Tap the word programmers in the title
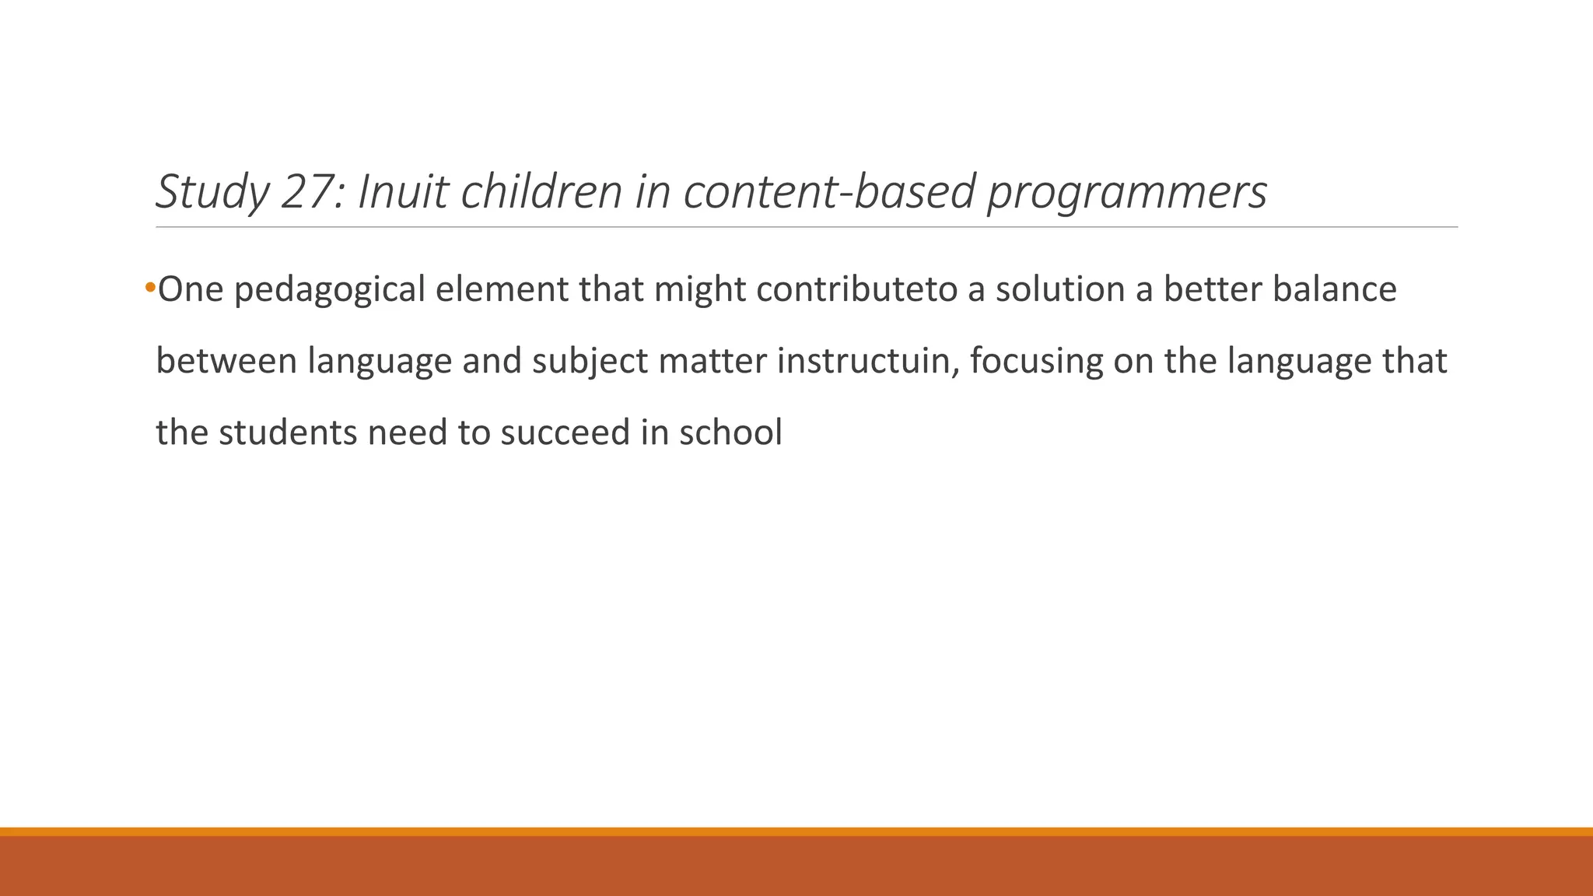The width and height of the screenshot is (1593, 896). click(1127, 193)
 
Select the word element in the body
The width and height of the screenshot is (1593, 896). click(502, 289)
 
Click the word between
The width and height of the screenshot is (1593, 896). click(226, 361)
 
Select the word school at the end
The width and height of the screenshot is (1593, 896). click(730, 432)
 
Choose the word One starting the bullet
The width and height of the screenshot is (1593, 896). click(191, 289)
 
